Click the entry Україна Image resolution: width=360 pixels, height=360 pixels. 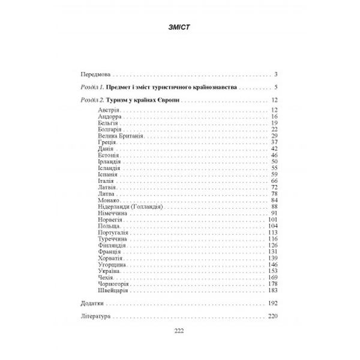click(x=108, y=271)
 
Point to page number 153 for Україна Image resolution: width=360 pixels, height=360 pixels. click(x=274, y=271)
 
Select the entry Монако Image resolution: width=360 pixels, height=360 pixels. click(x=107, y=200)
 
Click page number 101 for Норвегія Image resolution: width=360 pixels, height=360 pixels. click(x=274, y=219)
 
